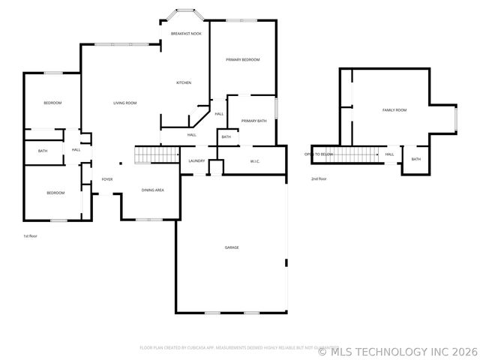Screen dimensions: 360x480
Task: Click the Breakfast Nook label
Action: [186, 34]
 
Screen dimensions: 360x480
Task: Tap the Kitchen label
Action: [184, 82]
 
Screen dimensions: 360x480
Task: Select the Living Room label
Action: [124, 103]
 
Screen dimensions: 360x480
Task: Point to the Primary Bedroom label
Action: [243, 58]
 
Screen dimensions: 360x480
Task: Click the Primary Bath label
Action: [253, 121]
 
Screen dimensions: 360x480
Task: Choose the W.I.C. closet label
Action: [254, 160]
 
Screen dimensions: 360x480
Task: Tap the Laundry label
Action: [197, 160]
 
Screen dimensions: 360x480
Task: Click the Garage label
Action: [232, 247]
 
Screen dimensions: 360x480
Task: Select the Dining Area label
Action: [153, 190]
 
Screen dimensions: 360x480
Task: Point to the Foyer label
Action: [107, 179]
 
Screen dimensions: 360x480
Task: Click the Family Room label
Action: [394, 110]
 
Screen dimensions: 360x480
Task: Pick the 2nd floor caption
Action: [319, 178]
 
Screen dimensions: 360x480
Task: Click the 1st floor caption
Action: [30, 235]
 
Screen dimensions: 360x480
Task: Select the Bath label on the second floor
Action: [415, 159]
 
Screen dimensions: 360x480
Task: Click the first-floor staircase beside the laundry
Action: [154, 155]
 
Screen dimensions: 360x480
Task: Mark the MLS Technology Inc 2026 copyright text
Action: [397, 350]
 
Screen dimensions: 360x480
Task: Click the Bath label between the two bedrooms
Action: [43, 151]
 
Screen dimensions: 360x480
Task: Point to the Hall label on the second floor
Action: [389, 154]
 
